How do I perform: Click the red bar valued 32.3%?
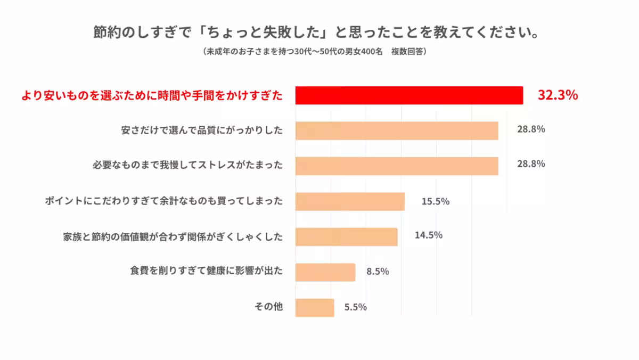409,95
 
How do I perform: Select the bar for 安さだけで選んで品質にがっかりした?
397,130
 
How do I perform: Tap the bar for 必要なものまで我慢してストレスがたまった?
397,166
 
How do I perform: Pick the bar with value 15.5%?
350,201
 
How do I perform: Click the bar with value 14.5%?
346,236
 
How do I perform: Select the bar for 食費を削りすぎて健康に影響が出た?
325,272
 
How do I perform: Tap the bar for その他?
314,307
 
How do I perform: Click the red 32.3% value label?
558,95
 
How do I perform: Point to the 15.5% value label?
436,201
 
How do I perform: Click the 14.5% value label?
429,235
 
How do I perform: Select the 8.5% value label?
378,271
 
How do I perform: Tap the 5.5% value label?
355,307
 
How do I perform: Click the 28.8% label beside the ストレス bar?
531,164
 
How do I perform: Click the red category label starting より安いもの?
152,96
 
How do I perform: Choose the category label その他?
269,307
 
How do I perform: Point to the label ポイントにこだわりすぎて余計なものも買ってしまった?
163,201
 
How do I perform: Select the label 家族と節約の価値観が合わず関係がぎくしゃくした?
173,236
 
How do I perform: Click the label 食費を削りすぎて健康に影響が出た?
206,271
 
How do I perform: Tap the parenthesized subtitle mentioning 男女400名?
314,52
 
